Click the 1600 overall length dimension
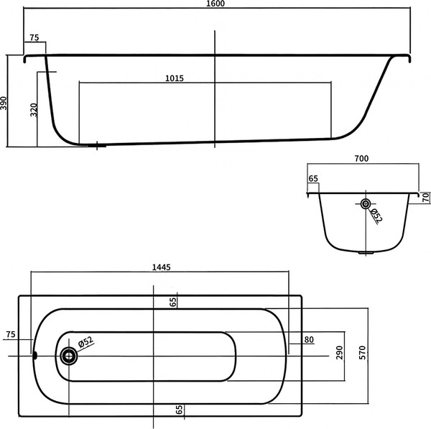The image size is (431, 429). (x=215, y=5)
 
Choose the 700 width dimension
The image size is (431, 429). (x=361, y=158)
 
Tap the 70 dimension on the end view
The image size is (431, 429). (x=425, y=197)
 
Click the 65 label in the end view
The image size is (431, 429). (x=312, y=178)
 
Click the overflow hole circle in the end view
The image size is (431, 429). (x=366, y=203)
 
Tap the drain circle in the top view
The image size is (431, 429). (x=70, y=355)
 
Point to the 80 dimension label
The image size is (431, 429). (x=308, y=340)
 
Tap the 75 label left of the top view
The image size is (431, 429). (x=10, y=335)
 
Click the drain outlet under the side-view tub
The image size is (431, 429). (x=96, y=146)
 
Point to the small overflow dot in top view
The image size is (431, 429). (x=34, y=354)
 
